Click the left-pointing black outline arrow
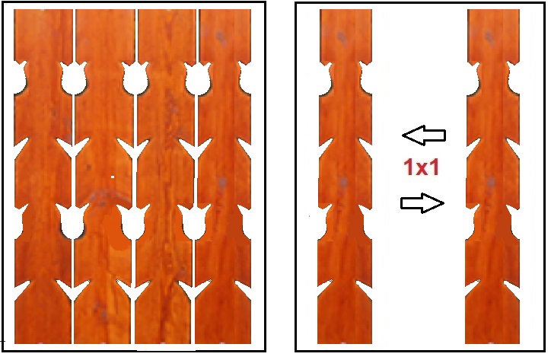(x=424, y=135)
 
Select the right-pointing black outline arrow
(x=422, y=203)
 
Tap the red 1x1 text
(x=422, y=167)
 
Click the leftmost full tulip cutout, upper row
(x=74, y=78)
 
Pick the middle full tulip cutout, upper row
(x=135, y=78)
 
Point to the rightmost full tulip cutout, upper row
(x=197, y=78)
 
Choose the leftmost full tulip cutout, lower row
(x=72, y=221)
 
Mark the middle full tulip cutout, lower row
(x=133, y=221)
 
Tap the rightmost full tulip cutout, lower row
(x=194, y=221)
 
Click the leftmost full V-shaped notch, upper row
(x=73, y=148)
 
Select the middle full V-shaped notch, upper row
(x=134, y=148)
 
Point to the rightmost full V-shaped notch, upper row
(x=196, y=148)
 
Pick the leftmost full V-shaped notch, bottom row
(x=73, y=291)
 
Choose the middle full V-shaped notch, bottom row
(x=133, y=291)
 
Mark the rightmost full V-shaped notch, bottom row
(x=195, y=291)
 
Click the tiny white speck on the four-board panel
(x=113, y=177)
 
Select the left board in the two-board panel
(x=345, y=177)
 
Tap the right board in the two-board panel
(x=492, y=177)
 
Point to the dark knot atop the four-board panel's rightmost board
(x=221, y=37)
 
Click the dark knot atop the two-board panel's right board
(x=489, y=37)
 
